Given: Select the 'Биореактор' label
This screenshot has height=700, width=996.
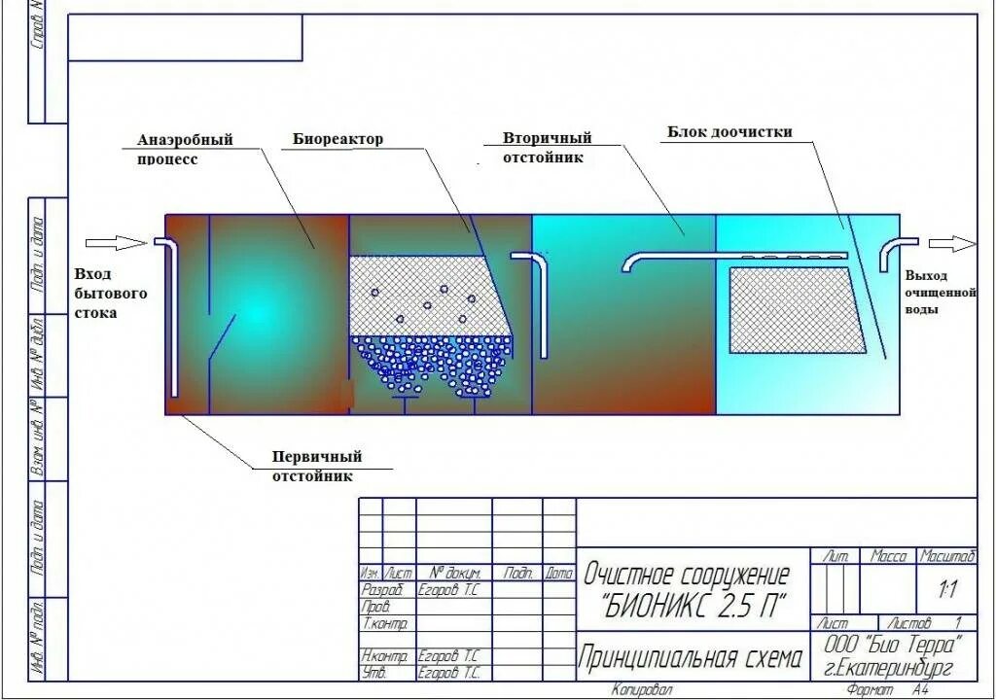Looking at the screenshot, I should (x=338, y=139).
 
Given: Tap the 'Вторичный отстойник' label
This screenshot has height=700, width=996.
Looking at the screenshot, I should (x=547, y=148).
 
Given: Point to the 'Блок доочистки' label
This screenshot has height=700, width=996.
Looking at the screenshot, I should (x=729, y=131).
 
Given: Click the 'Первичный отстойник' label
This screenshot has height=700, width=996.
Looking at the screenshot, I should (x=317, y=467).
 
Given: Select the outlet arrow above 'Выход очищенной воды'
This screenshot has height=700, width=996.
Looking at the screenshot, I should (x=950, y=243).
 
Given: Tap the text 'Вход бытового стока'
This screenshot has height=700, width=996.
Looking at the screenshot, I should (x=110, y=293).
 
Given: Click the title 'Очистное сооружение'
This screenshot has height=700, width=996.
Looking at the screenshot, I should (x=686, y=575).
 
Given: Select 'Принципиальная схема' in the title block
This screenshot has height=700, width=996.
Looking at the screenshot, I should (x=692, y=660).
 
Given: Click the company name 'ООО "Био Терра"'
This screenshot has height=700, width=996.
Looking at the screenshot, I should (x=893, y=645).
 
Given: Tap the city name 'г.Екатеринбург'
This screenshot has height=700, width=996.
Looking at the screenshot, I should (x=886, y=667).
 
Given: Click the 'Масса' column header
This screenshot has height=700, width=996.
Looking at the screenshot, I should (x=888, y=557).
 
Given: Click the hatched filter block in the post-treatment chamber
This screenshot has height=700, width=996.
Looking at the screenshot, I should (x=797, y=310).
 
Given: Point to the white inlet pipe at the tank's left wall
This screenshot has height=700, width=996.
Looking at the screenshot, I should (x=170, y=311).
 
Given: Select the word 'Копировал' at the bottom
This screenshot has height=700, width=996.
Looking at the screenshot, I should (x=641, y=689).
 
